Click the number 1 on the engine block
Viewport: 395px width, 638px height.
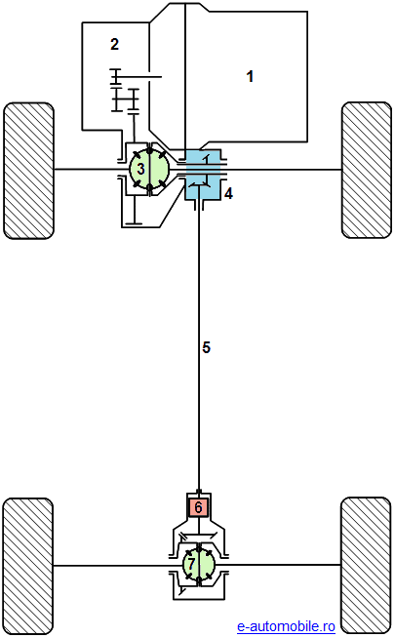pos(250,76)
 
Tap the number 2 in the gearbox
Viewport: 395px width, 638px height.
pos(115,44)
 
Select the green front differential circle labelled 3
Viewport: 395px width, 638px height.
pos(149,169)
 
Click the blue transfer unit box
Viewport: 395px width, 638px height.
pos(203,175)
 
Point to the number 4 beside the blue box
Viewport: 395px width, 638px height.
pos(228,194)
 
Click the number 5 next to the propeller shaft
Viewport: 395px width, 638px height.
pos(206,347)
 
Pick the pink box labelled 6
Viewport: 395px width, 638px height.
pos(199,507)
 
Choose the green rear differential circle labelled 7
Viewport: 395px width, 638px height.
pos(199,564)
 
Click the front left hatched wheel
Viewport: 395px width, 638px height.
pos(28,171)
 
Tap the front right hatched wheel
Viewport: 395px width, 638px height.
pos(367,170)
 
